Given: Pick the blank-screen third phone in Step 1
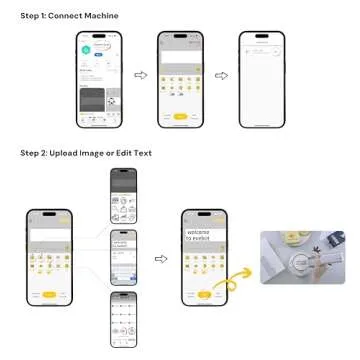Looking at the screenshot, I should point(262,81).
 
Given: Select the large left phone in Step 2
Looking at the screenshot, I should point(51,258).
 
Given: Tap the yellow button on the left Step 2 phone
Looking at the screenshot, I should point(51,295).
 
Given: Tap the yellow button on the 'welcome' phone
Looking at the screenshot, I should point(204,295).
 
